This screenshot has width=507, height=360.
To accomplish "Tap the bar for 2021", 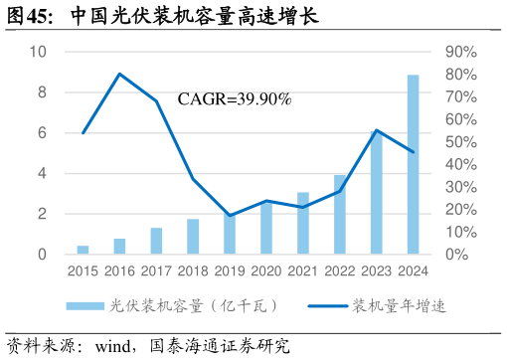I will (x=303, y=223).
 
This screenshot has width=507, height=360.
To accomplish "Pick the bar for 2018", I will (x=193, y=237).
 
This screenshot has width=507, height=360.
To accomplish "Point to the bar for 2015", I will (x=83, y=250).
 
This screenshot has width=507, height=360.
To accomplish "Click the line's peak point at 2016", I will (x=119, y=74).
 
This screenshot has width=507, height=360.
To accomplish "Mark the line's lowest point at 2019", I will (x=230, y=216).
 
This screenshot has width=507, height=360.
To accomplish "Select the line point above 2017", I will (x=156, y=101).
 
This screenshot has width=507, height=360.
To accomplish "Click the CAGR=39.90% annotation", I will (x=234, y=99).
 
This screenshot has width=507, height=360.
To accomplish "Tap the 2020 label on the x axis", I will (x=266, y=270).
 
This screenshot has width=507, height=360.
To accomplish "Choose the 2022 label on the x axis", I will (x=340, y=270).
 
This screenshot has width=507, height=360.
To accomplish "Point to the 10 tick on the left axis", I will (x=39, y=52).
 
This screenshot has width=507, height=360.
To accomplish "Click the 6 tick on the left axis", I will (x=41, y=133).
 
